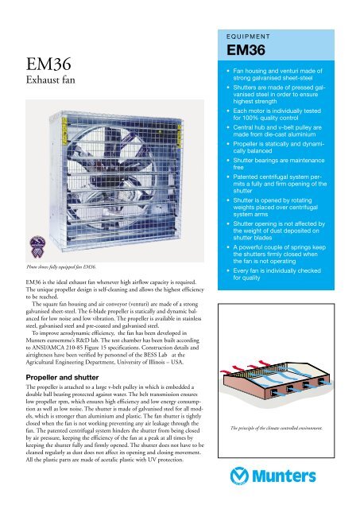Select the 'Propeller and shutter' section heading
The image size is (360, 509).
[66, 371]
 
